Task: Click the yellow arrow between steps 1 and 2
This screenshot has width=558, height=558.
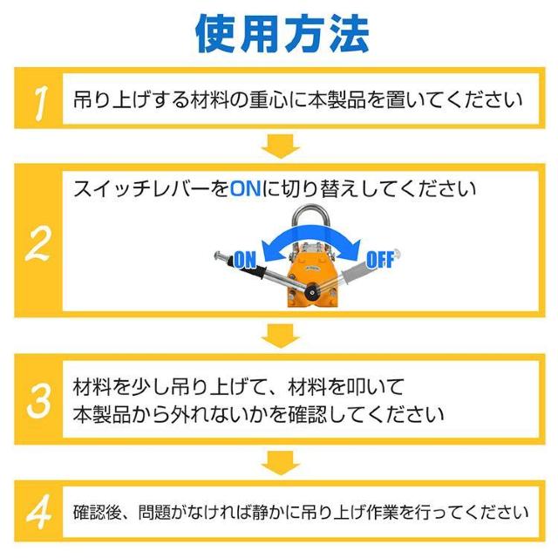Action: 282,146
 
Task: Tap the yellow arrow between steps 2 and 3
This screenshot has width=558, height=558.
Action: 282,335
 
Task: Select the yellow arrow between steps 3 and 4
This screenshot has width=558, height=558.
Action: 282,461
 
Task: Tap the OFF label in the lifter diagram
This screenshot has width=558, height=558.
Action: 380,258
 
